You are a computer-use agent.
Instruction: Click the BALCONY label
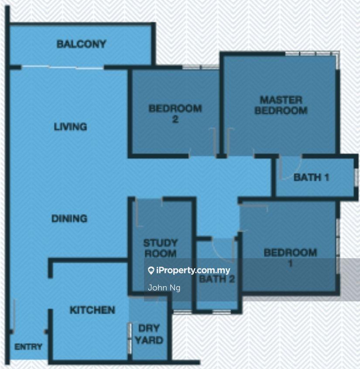[81, 44]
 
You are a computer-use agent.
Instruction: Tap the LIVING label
[70, 127]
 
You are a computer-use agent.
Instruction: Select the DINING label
[69, 219]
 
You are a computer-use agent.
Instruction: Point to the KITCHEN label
[93, 310]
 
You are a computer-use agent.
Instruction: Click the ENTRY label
[28, 347]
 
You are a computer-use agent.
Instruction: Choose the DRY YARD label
[149, 334]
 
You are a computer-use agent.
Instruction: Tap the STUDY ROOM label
[160, 248]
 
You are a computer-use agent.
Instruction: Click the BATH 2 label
[217, 279]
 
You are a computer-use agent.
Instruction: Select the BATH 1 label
[311, 178]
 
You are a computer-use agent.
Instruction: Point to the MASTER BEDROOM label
[281, 105]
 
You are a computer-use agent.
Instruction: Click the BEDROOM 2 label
[175, 114]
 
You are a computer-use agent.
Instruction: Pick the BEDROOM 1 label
[290, 258]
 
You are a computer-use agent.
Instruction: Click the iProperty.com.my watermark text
[193, 270]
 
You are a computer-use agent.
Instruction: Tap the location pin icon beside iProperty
[151, 270]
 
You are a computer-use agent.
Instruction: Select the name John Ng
[164, 287]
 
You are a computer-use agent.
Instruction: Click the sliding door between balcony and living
[63, 68]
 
